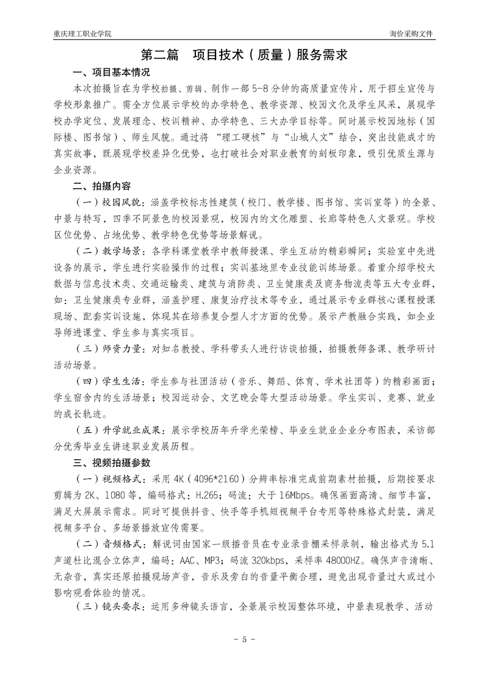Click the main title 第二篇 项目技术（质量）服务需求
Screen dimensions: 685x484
tap(241, 56)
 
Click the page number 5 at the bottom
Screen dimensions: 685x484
tap(242, 640)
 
